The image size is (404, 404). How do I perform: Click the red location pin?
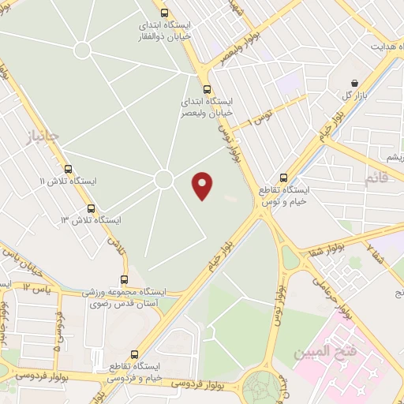tap(204, 185)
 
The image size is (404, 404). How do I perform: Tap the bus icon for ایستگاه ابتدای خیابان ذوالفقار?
tap(165, 13)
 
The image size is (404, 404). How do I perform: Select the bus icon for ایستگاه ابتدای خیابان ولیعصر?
tap(208, 89)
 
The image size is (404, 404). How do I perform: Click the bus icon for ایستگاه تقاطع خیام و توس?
tap(284, 178)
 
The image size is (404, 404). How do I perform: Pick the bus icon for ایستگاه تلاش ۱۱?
tap(68, 169)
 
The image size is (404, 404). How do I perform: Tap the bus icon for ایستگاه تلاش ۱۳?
tap(92, 209)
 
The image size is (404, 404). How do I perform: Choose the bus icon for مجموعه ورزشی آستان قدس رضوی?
tap(124, 279)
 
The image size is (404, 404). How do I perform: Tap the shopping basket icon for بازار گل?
tap(355, 83)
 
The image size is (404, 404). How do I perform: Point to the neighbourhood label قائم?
tap(376, 179)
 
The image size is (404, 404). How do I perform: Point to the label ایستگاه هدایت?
tap(374, 47)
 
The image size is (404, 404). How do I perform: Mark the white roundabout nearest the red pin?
tap(163, 180)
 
